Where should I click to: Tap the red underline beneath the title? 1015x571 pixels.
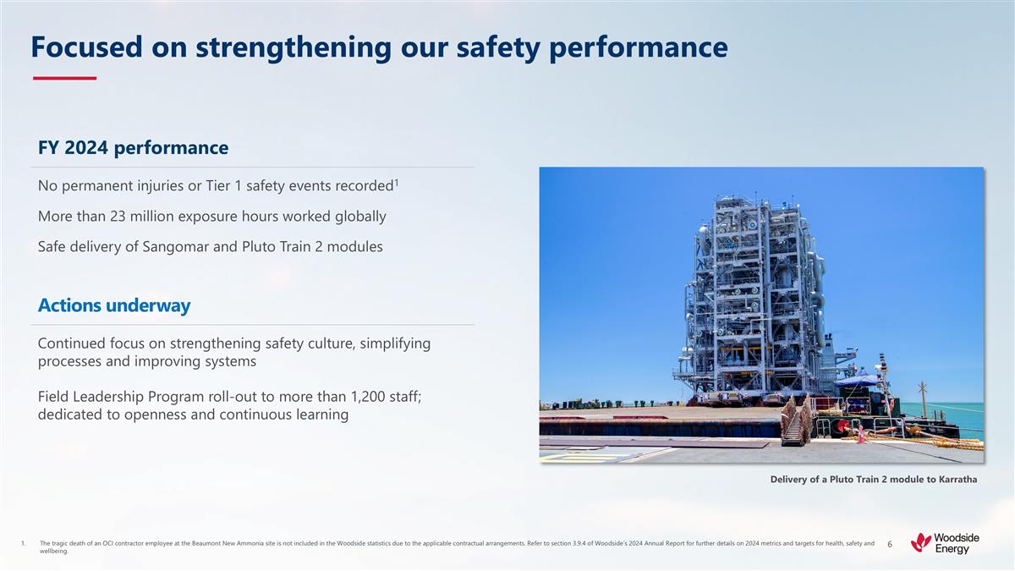(64, 78)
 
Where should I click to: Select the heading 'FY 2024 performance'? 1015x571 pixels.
(133, 148)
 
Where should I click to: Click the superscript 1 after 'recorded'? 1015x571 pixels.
(397, 180)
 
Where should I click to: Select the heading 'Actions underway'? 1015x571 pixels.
(114, 305)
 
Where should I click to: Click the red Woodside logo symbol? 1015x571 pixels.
(921, 541)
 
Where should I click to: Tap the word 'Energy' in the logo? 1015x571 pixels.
(952, 549)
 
